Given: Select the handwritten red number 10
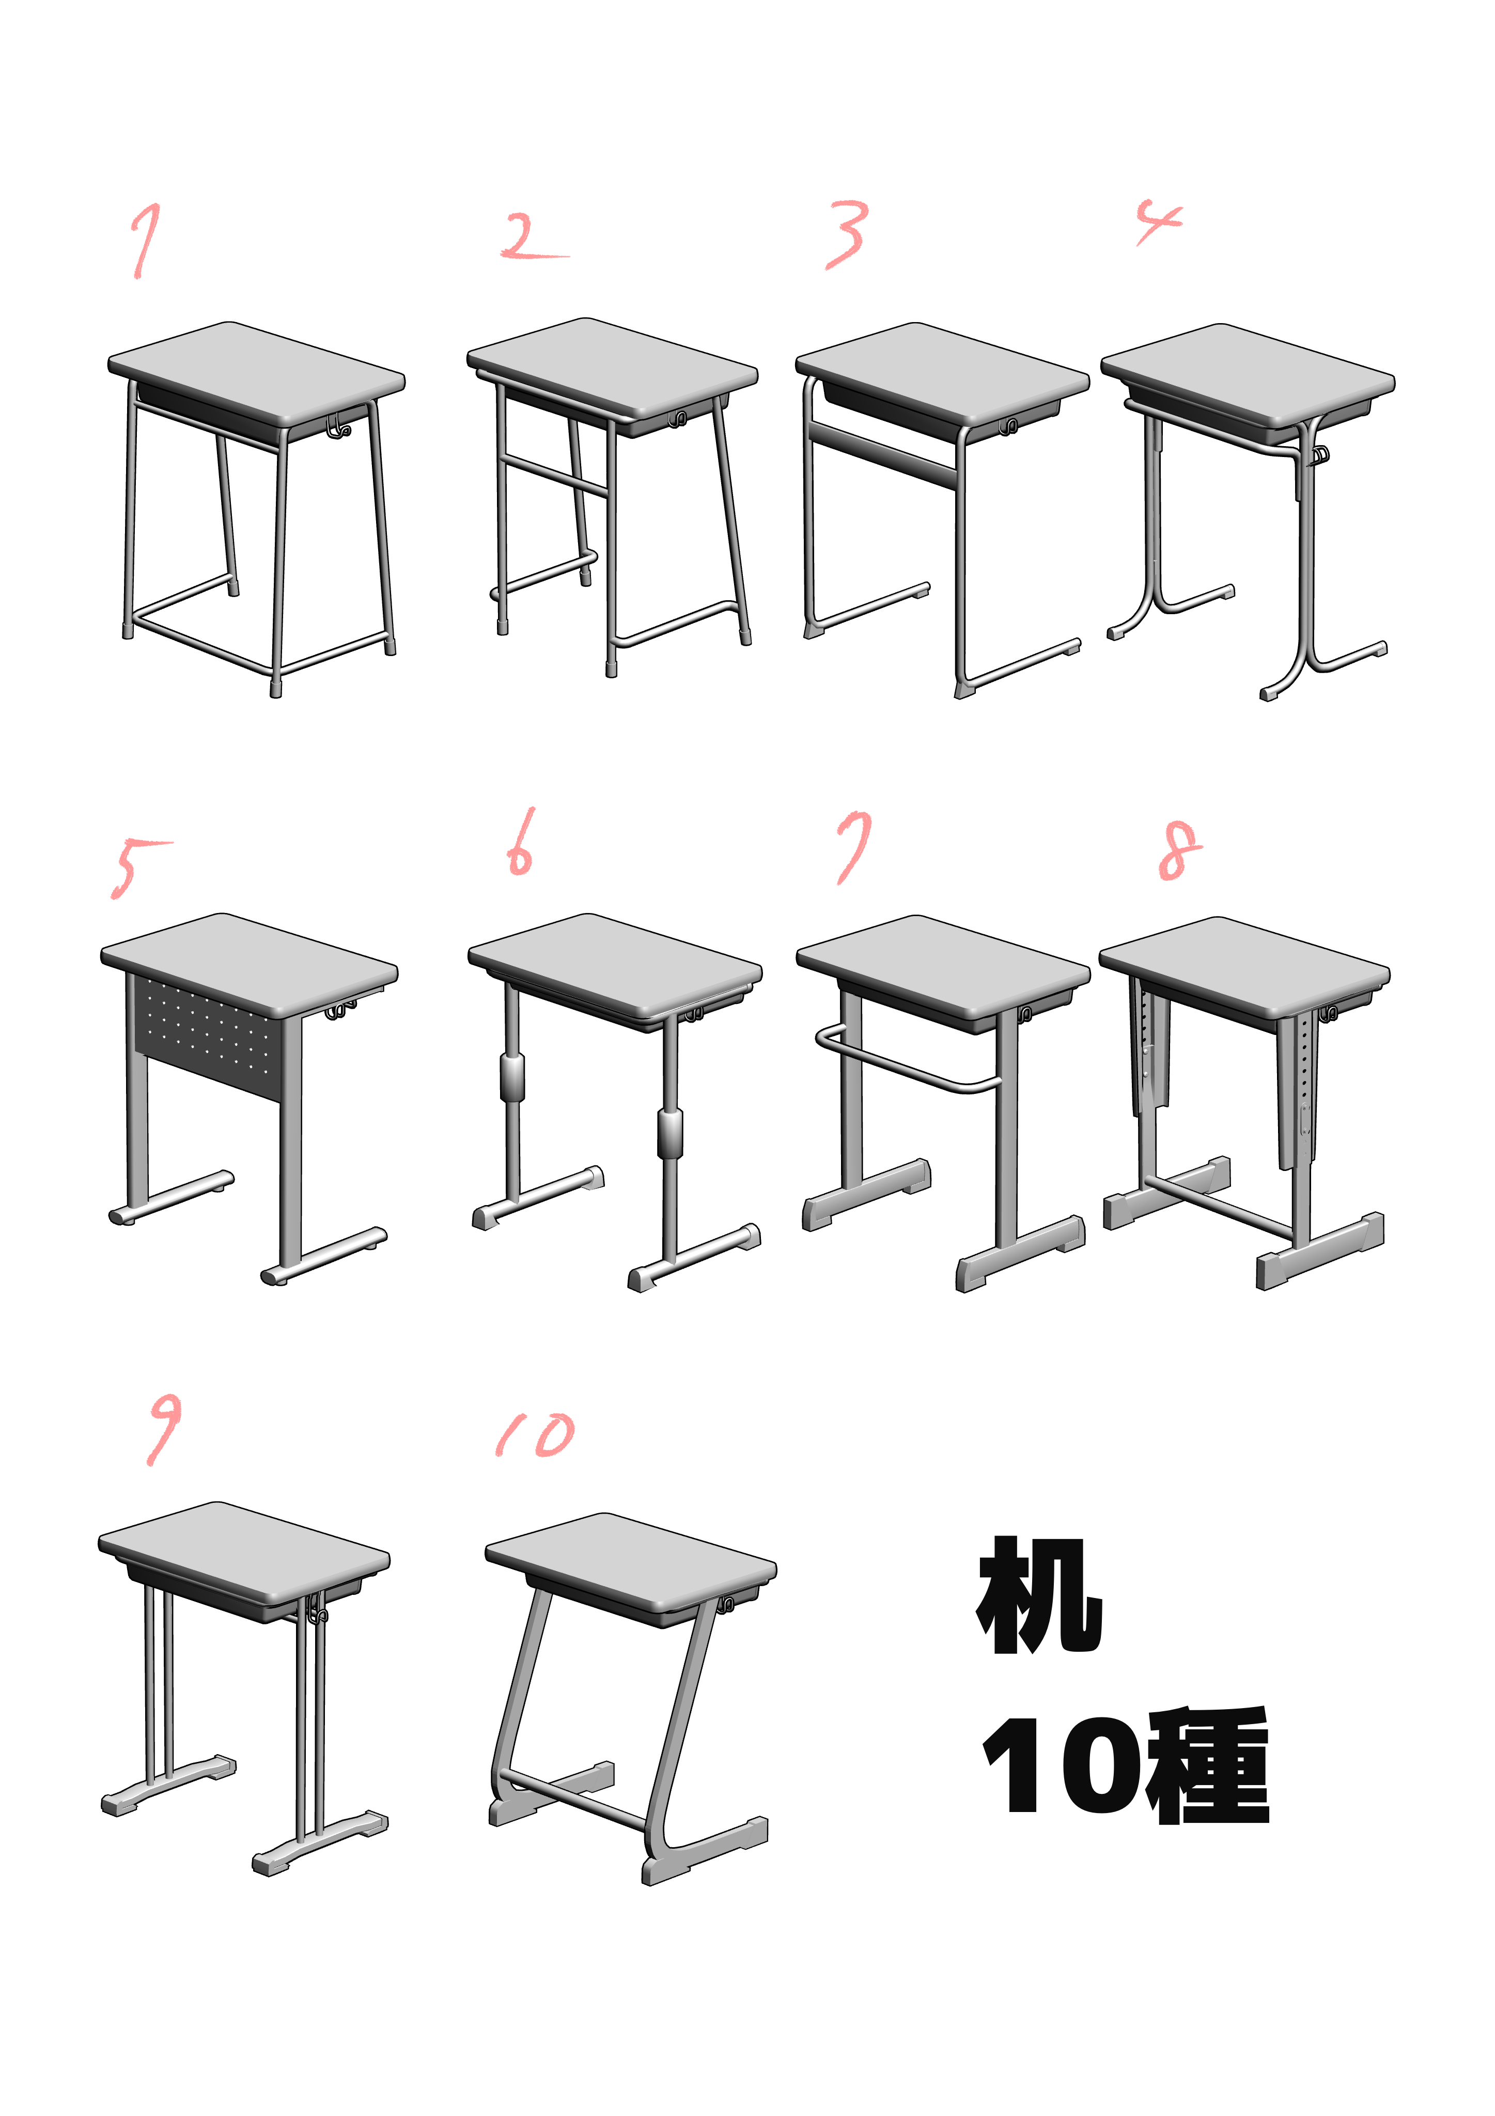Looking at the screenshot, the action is [535, 1435].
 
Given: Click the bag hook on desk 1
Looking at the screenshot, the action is [338, 425].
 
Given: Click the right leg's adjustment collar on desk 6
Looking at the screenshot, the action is [671, 1134].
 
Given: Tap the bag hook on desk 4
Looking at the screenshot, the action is [1319, 455].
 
